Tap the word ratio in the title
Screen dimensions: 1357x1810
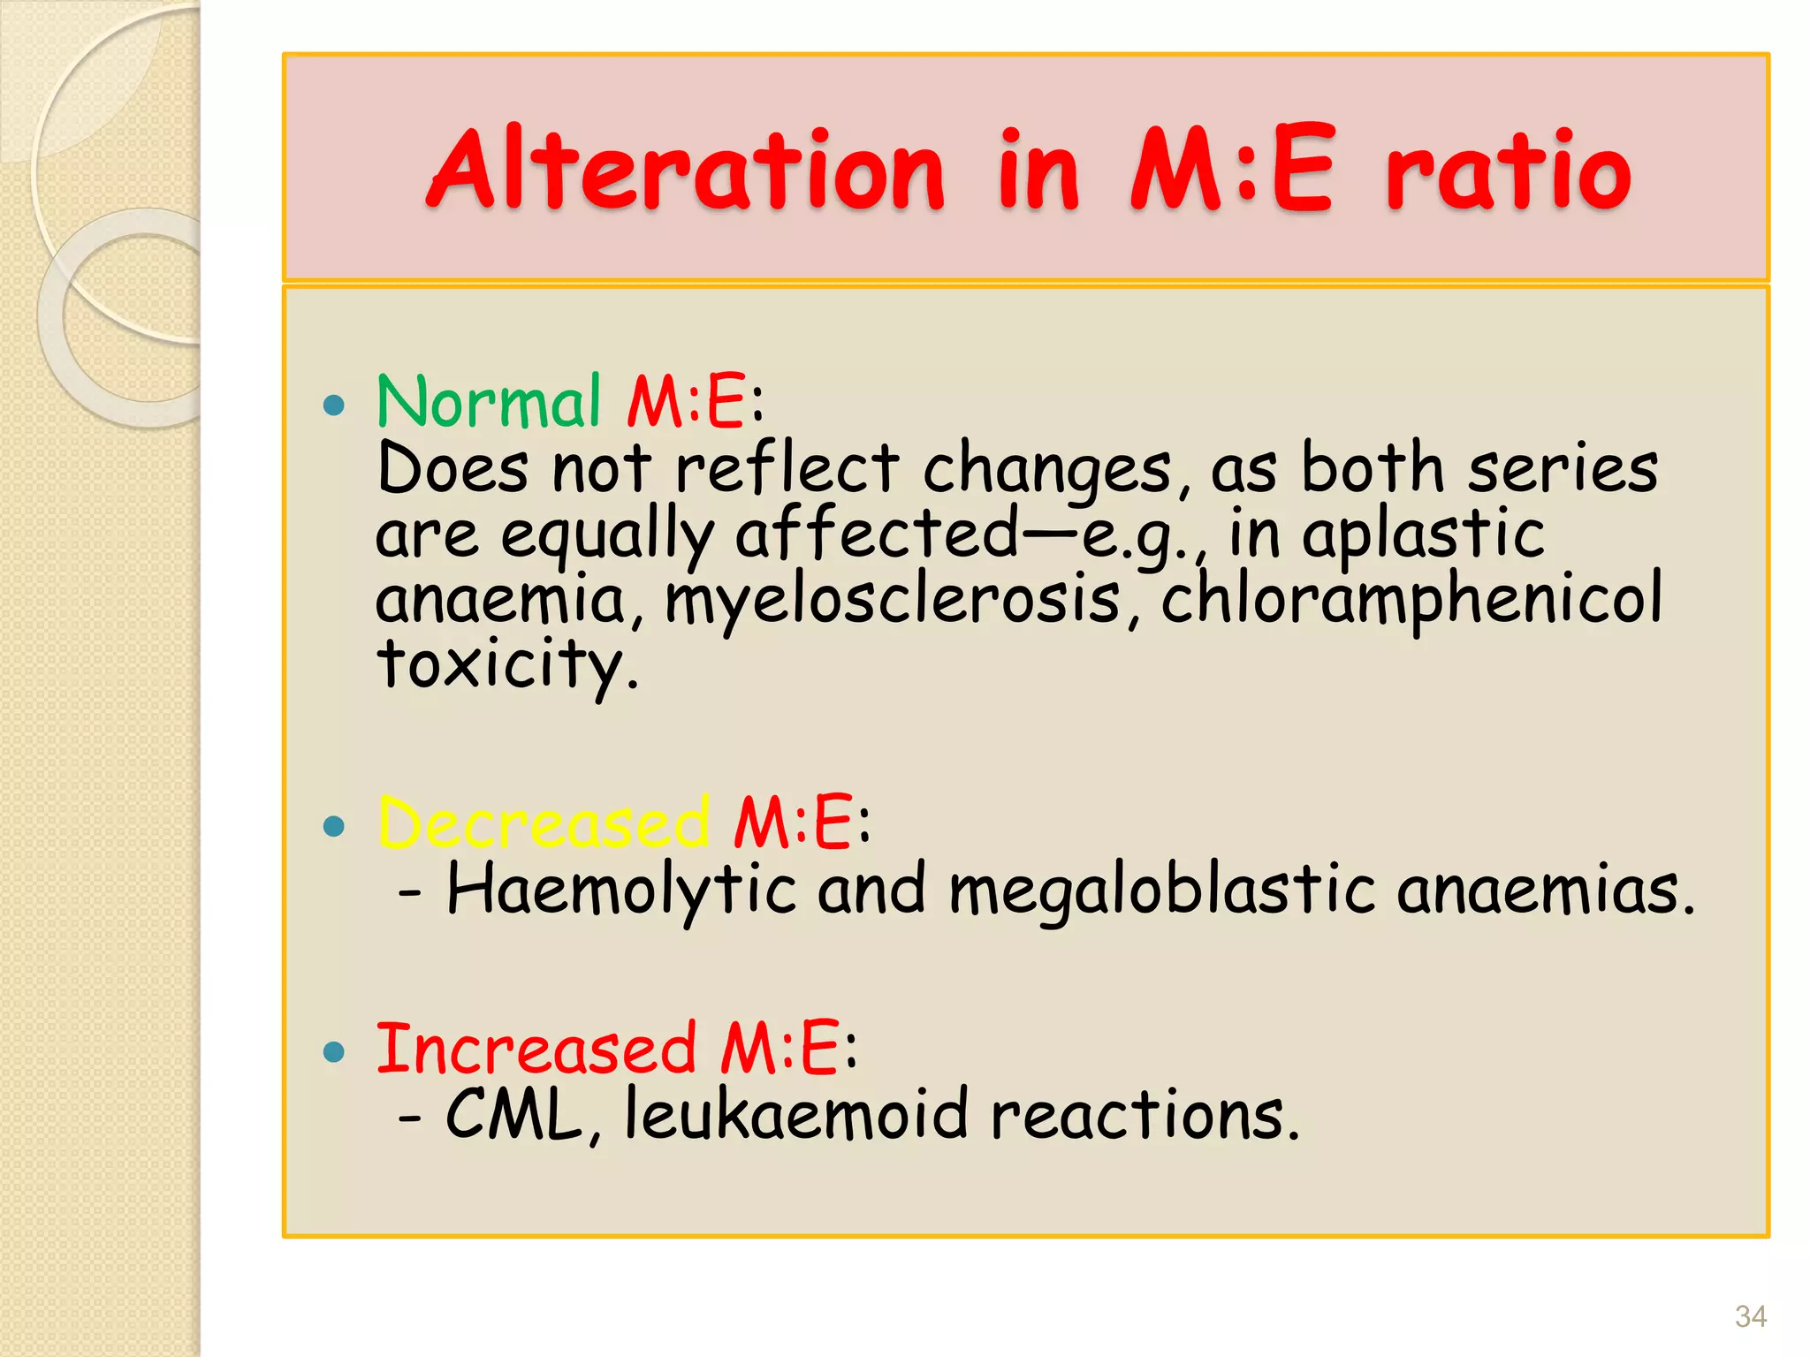[1508, 170]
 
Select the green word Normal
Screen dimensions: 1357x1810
[489, 402]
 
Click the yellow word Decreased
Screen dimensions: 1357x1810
[544, 823]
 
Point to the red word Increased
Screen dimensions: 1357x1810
[536, 1048]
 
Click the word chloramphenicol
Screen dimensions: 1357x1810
[1411, 598]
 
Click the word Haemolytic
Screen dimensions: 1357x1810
[621, 890]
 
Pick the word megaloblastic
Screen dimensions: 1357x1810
[1162, 890]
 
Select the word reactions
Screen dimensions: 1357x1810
[1145, 1115]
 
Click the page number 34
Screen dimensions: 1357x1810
[1750, 1317]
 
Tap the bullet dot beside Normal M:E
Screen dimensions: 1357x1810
[333, 406]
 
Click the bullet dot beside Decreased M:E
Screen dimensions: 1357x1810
[333, 827]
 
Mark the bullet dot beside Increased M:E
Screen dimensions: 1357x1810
[333, 1051]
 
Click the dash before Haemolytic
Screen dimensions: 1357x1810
[409, 893]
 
